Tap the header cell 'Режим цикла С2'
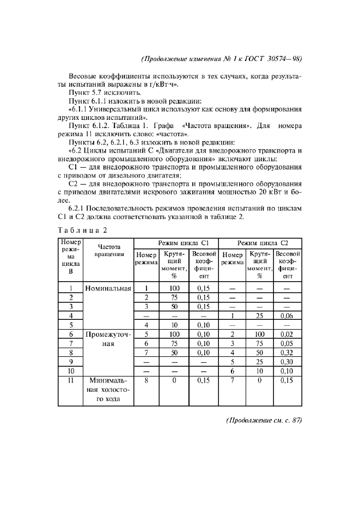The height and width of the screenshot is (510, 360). point(261,242)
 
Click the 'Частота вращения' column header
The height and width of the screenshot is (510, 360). point(108,251)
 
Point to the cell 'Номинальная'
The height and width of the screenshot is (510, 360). point(108,288)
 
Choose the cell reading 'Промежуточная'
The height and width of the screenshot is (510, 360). point(108,339)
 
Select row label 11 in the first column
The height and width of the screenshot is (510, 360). point(70,380)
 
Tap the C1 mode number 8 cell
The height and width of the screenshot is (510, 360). point(146,380)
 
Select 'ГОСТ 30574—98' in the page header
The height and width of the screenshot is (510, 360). point(274,58)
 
